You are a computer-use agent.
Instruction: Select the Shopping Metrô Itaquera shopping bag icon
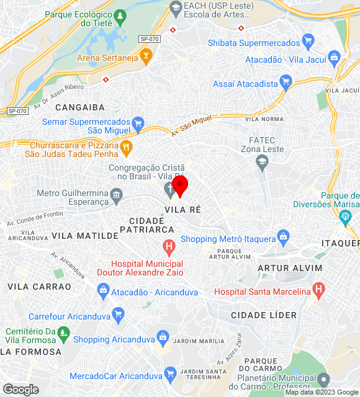click(x=284, y=236)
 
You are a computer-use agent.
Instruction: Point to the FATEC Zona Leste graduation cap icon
click(x=262, y=161)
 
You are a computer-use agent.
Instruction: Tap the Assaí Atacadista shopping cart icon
click(x=286, y=81)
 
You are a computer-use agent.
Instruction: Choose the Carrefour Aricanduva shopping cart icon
click(x=118, y=313)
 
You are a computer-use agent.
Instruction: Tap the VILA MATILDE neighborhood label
click(x=85, y=236)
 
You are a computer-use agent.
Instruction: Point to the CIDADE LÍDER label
click(x=264, y=315)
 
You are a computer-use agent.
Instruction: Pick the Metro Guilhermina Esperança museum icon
click(x=117, y=197)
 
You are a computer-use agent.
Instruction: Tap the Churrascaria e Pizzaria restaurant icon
click(x=126, y=147)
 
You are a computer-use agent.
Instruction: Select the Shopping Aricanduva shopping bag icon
click(x=163, y=338)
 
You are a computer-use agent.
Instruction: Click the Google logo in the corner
click(x=20, y=390)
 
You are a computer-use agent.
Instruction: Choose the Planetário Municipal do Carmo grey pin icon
click(x=323, y=379)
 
